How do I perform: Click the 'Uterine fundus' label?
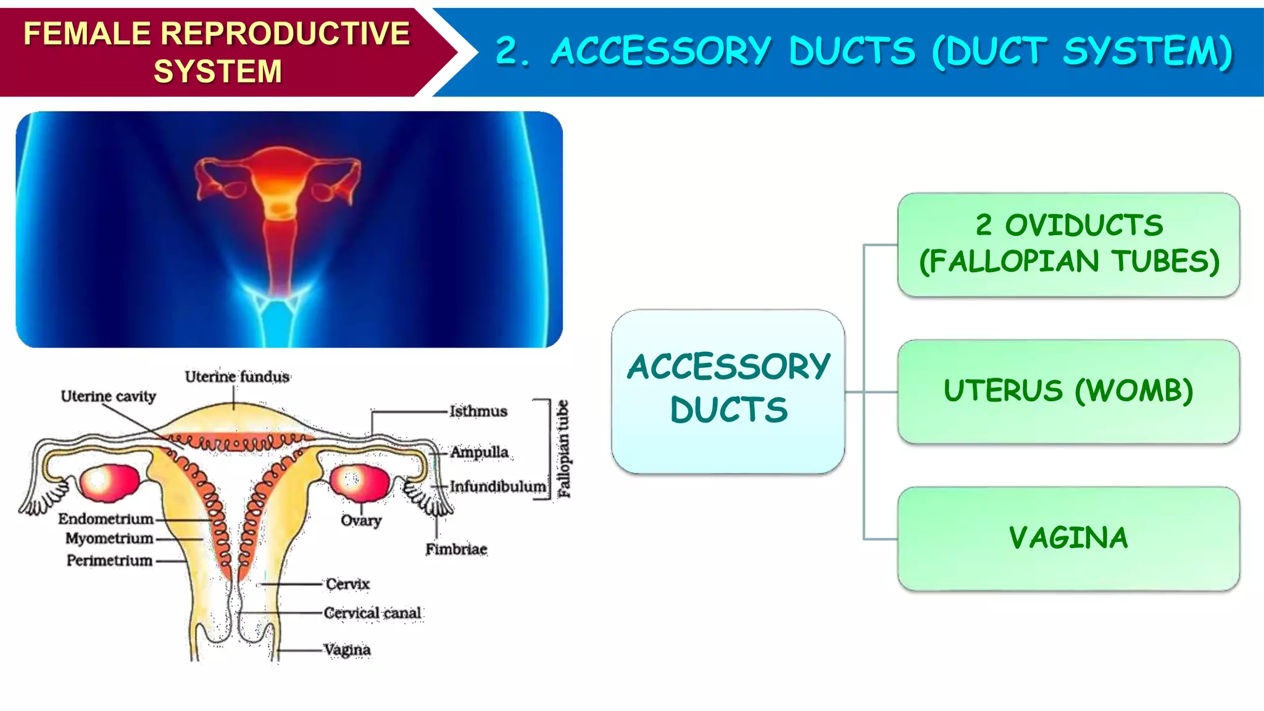pyautogui.click(x=237, y=376)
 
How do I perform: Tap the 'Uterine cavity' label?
pyautogui.click(x=108, y=396)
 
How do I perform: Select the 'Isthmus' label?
pyautogui.click(x=478, y=411)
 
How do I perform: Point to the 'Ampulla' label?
pyautogui.click(x=480, y=452)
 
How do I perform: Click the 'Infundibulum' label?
pyautogui.click(x=497, y=487)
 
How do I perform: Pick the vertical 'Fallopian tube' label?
pyautogui.click(x=563, y=449)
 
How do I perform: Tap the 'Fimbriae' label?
pyautogui.click(x=456, y=549)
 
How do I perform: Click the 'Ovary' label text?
pyautogui.click(x=361, y=521)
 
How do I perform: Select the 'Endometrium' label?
pyautogui.click(x=106, y=519)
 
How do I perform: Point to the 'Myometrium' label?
pyautogui.click(x=109, y=539)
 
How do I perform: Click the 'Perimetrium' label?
pyautogui.click(x=109, y=561)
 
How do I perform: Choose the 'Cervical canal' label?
pyautogui.click(x=372, y=613)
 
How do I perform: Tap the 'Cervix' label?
pyautogui.click(x=347, y=584)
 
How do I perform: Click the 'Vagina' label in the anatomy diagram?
pyautogui.click(x=347, y=650)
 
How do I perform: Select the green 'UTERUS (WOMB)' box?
pyautogui.click(x=1068, y=391)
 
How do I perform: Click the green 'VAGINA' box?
pyautogui.click(x=1068, y=538)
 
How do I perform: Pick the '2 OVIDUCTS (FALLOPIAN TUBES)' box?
pyautogui.click(x=1068, y=244)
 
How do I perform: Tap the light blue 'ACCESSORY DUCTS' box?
pyautogui.click(x=728, y=391)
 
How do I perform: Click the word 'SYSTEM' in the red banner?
pyautogui.click(x=217, y=72)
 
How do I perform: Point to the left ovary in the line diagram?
pyautogui.click(x=109, y=482)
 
